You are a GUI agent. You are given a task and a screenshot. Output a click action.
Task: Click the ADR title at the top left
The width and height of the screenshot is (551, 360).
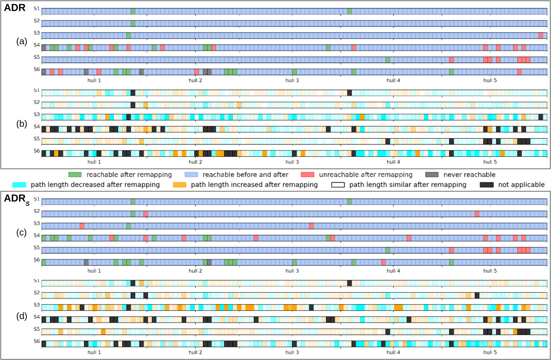point(15,8)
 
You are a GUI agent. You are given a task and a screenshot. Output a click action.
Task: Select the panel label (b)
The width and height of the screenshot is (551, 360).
point(22,124)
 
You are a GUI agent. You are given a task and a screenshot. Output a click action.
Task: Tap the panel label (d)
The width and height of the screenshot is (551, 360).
point(22,316)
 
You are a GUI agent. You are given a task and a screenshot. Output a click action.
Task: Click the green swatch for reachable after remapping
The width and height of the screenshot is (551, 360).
point(75,175)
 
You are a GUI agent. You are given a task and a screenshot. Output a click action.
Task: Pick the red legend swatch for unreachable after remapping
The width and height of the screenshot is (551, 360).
point(307,175)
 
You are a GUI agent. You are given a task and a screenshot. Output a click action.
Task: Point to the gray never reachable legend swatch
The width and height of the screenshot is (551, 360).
point(432,175)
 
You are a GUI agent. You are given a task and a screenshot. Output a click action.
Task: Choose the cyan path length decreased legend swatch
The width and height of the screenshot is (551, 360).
point(19,185)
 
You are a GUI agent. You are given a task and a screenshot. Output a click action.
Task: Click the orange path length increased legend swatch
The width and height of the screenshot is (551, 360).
point(179,185)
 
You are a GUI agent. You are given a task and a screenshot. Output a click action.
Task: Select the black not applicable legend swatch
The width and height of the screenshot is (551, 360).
point(487,185)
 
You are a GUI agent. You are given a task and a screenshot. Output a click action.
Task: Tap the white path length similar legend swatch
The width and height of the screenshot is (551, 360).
point(338,185)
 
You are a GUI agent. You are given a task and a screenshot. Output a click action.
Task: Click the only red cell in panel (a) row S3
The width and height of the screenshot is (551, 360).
point(541,35)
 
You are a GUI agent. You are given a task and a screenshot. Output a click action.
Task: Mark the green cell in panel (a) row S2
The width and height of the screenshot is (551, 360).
point(133,24)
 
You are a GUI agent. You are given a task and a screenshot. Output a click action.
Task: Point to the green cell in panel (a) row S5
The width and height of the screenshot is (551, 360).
point(388,60)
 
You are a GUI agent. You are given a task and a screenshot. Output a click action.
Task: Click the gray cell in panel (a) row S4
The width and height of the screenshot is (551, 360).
point(44,48)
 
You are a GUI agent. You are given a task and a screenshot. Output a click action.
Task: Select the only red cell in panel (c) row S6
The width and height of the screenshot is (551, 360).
point(383,262)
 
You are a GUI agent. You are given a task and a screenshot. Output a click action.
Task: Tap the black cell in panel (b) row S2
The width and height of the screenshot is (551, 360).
point(133,105)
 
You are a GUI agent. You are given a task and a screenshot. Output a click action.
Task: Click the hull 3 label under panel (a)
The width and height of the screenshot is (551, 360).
point(292,80)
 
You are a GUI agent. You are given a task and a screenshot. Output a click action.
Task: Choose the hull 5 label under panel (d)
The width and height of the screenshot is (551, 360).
point(490,352)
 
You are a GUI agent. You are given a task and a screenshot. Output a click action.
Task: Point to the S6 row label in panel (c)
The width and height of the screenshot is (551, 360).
point(37,260)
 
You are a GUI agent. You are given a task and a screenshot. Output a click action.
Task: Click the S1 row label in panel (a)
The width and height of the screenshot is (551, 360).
point(37,9)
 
